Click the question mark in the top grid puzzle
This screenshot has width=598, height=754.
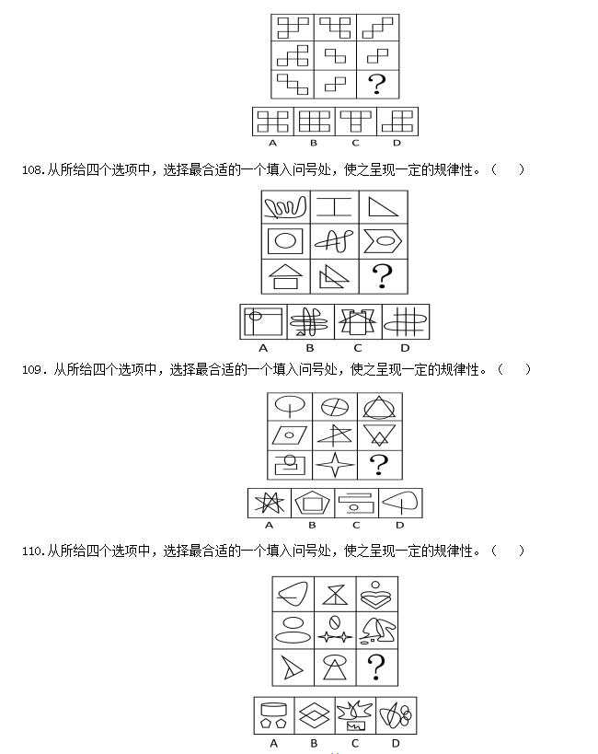[377, 84]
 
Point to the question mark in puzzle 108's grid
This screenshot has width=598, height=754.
[383, 276]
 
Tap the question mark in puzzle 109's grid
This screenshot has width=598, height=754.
[379, 465]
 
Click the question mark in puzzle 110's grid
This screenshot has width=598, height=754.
[376, 667]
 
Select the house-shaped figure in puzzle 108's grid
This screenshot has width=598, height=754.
[285, 277]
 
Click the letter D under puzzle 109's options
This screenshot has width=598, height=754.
[399, 525]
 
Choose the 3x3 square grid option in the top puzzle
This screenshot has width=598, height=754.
[314, 122]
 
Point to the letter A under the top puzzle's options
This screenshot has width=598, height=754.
[272, 143]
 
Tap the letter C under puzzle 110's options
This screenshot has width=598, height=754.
[355, 744]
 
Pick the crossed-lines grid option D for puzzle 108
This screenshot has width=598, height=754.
[405, 321]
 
